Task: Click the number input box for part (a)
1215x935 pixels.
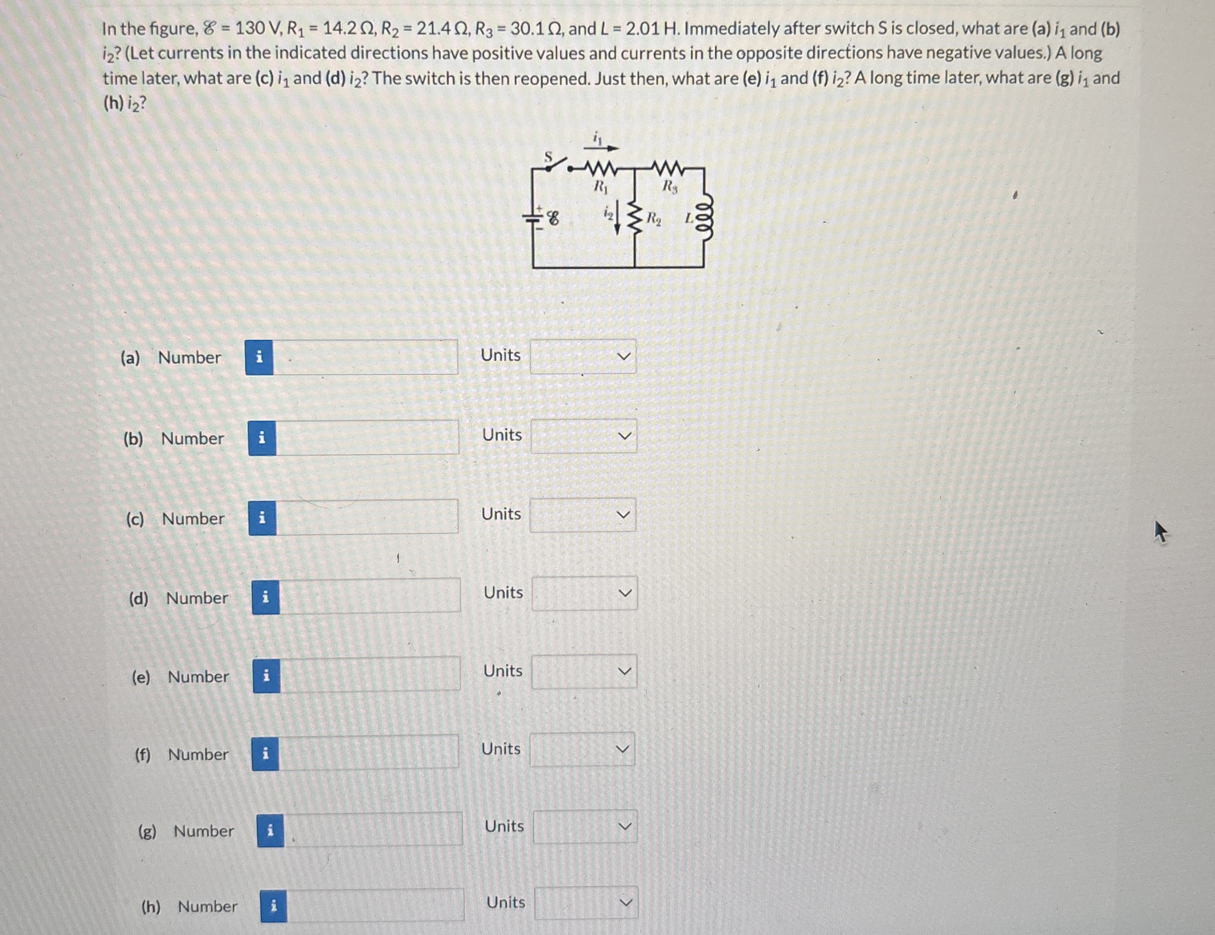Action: [365, 358]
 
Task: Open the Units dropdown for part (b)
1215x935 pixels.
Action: [583, 436]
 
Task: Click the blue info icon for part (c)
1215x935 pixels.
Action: [262, 518]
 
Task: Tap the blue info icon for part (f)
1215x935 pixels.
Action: [265, 754]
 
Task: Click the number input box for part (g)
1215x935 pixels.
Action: [373, 830]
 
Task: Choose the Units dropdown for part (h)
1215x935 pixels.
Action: [586, 903]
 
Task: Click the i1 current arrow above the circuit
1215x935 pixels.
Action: [602, 147]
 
